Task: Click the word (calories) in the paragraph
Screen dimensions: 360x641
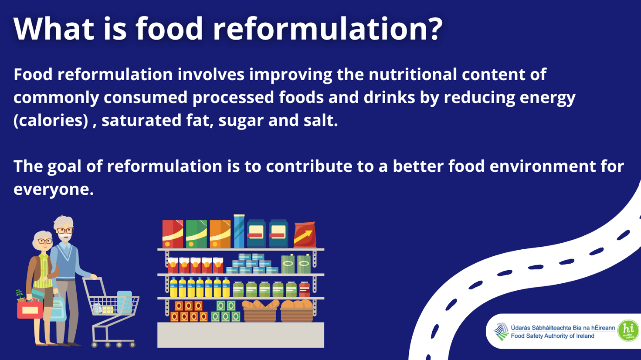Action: [x=51, y=120]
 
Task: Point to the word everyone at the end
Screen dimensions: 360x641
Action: [x=53, y=189]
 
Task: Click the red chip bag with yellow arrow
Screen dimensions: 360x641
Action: [x=305, y=235]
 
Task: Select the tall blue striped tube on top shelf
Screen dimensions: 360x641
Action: [x=239, y=231]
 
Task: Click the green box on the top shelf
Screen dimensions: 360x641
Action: [x=196, y=234]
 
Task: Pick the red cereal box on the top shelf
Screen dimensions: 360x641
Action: [x=173, y=234]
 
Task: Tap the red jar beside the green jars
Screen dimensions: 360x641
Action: [x=305, y=289]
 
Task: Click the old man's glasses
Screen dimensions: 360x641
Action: [x=64, y=231]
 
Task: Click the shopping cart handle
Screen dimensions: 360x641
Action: [x=89, y=278]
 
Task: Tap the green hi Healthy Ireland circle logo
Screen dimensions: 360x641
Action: [x=628, y=331]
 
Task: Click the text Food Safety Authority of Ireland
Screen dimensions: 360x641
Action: [x=552, y=336]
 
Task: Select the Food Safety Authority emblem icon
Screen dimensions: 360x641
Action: [x=501, y=331]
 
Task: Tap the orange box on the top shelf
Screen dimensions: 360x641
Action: [x=220, y=234]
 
